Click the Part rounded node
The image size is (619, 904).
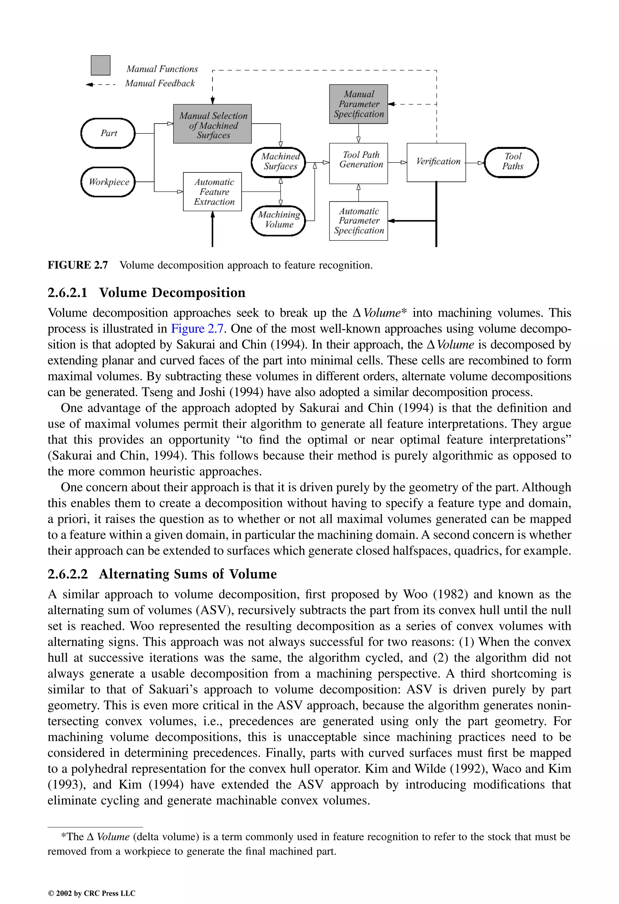[x=108, y=133]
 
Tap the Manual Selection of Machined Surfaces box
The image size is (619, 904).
[x=212, y=124]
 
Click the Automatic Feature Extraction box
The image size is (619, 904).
[x=212, y=192]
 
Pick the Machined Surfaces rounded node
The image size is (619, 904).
[x=278, y=162]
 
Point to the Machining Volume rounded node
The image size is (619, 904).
[x=278, y=220]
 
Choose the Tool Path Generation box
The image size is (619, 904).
[x=358, y=163]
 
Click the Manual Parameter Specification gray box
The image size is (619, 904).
[x=358, y=104]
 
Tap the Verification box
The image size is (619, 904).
[x=436, y=162]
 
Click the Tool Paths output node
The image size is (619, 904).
[x=511, y=162]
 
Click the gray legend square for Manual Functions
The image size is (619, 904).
[x=100, y=65]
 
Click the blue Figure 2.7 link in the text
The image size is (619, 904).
[x=197, y=329]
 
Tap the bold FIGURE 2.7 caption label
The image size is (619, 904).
[x=77, y=265]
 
